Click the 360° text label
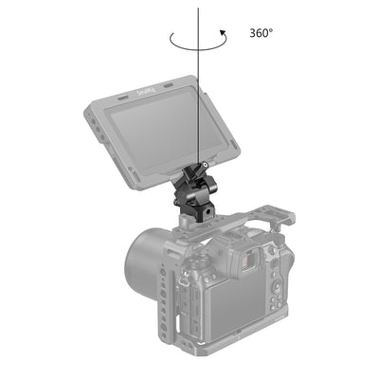point(262,32)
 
